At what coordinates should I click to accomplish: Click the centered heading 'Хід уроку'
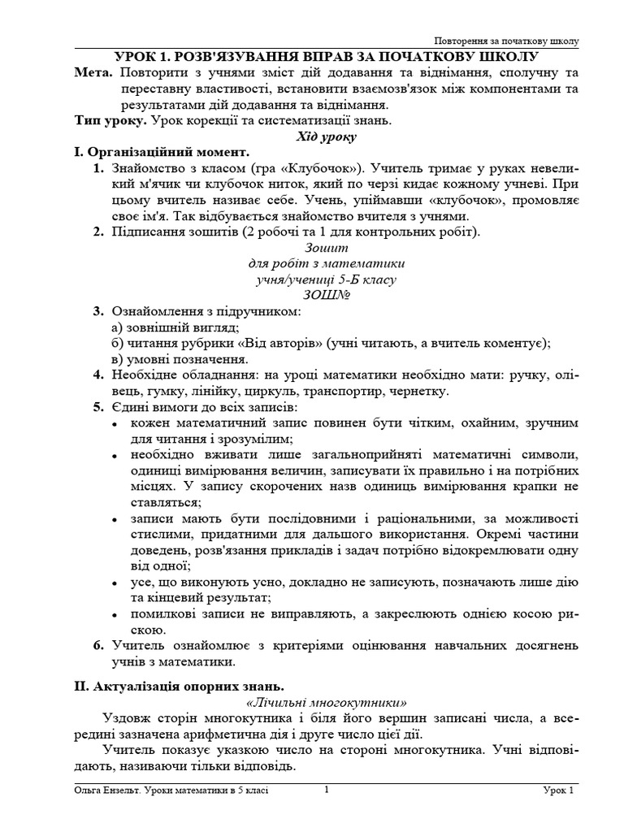pyautogui.click(x=325, y=136)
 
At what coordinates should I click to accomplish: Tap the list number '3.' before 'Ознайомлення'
pyautogui.click(x=97, y=311)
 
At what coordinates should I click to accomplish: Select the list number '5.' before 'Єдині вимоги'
pyautogui.click(x=97, y=407)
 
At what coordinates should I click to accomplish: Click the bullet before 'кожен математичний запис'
pyautogui.click(x=114, y=423)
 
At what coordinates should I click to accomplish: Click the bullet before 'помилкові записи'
pyautogui.click(x=114, y=613)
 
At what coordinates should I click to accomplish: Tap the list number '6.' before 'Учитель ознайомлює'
pyautogui.click(x=97, y=645)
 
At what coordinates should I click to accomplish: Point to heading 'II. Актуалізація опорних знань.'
pyautogui.click(x=180, y=687)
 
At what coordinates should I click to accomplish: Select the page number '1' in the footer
pyautogui.click(x=326, y=788)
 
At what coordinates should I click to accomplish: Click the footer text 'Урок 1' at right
pyautogui.click(x=559, y=790)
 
